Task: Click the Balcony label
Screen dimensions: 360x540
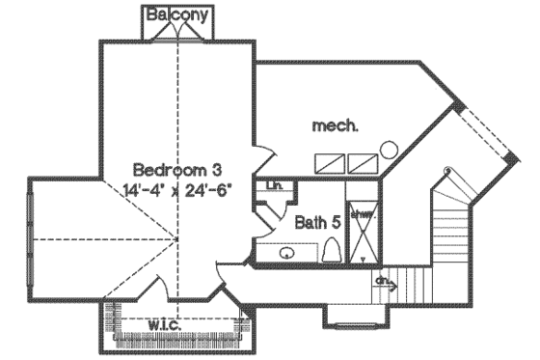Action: [177, 14]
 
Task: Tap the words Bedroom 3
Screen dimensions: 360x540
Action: [170, 167]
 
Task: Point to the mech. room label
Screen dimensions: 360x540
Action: [337, 125]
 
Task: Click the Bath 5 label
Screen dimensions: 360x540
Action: [317, 222]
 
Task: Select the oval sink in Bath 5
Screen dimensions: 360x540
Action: [286, 253]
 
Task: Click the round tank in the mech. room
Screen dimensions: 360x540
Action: [390, 150]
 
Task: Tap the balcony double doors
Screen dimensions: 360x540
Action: [177, 33]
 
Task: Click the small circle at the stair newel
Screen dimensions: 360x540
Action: [445, 171]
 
